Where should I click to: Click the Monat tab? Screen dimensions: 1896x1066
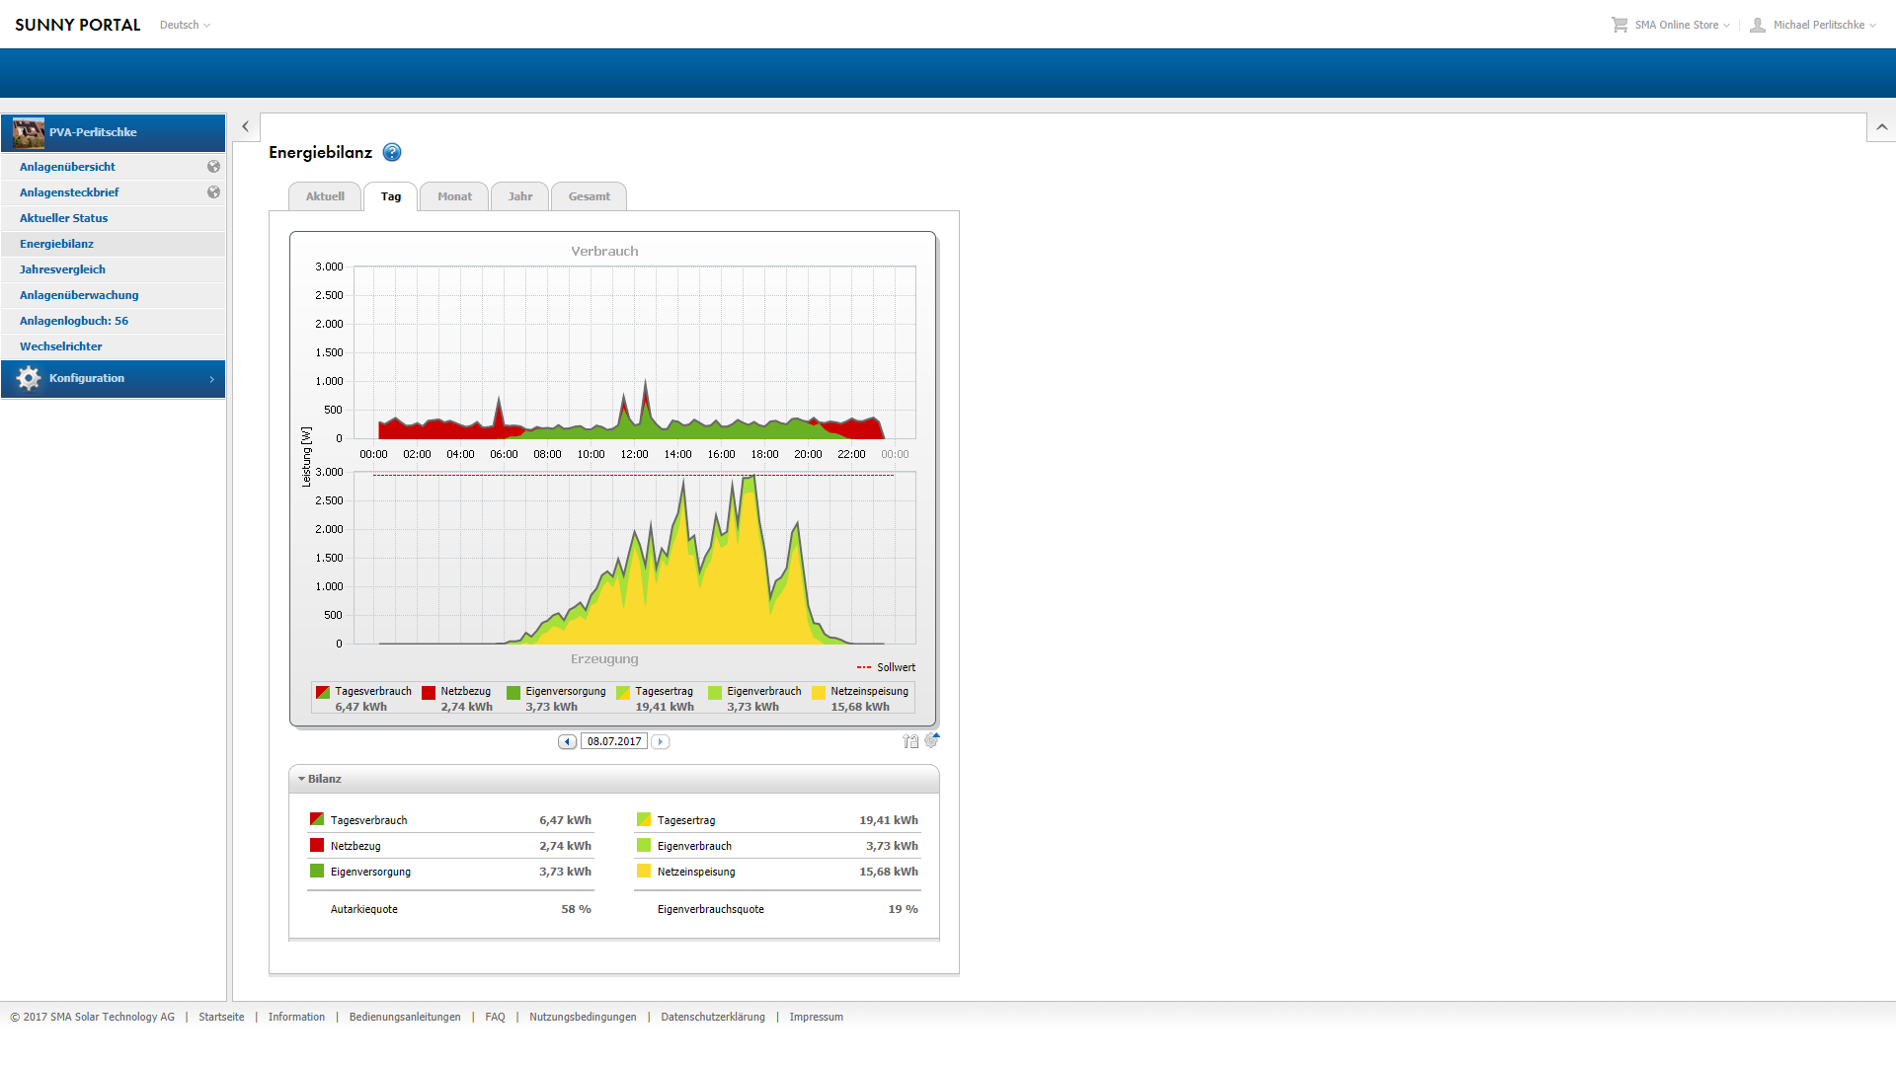tap(454, 196)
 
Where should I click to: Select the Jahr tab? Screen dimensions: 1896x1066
tap(520, 196)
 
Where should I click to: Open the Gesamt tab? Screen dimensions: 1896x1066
tap(590, 196)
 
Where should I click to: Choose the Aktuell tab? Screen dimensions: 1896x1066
tap(325, 196)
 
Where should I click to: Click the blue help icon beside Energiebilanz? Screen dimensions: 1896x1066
tap(392, 152)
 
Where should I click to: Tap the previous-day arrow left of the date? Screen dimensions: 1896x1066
tap(567, 741)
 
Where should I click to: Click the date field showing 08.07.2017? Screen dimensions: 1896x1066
tap(614, 741)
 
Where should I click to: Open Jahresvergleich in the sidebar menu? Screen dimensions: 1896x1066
tap(62, 269)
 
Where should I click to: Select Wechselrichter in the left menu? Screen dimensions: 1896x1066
tap(61, 346)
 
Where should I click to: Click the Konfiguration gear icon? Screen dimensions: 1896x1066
tap(29, 378)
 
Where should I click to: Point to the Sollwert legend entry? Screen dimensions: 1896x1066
tap(886, 667)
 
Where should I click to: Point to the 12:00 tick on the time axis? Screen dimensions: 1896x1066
tap(634, 454)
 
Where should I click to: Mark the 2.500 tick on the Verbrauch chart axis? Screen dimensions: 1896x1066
tap(329, 295)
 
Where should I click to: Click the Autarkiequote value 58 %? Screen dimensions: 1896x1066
tap(577, 909)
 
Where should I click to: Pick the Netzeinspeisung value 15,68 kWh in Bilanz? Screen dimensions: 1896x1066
tap(889, 872)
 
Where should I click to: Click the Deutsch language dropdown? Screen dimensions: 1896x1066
tap(185, 25)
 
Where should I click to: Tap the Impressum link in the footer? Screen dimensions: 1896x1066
tap(816, 1017)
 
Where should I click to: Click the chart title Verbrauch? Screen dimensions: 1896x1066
tap(604, 251)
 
